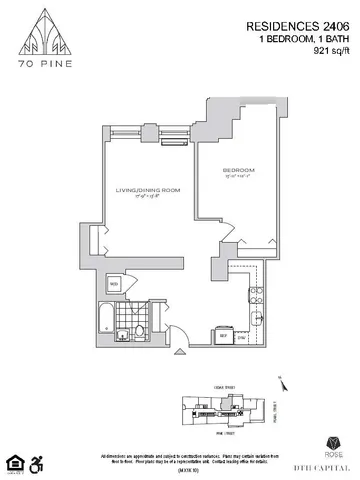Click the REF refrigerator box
[x=223, y=336]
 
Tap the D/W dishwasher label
[x=241, y=337]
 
